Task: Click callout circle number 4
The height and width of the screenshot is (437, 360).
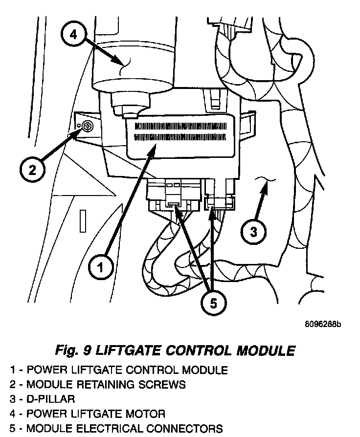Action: [73, 35]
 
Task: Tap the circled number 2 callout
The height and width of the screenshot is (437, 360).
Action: [32, 170]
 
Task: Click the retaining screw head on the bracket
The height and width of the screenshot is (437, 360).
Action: [87, 127]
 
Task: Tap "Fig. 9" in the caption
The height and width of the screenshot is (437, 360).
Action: [73, 350]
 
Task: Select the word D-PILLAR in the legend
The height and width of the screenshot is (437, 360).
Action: [51, 399]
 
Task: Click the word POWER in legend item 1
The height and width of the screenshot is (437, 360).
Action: [44, 370]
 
